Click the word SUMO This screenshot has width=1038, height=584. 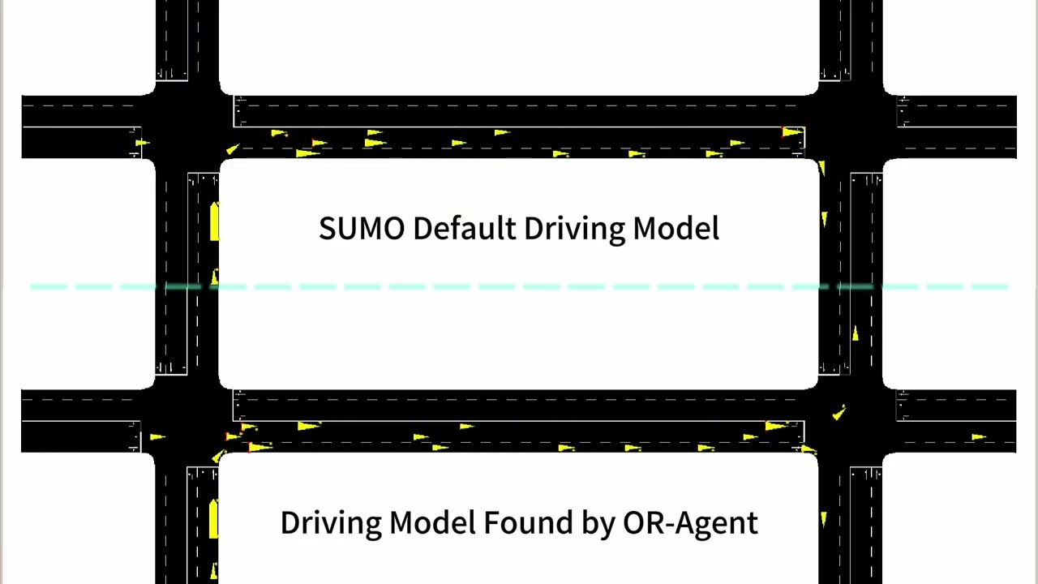[362, 228]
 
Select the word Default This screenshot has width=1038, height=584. [465, 228]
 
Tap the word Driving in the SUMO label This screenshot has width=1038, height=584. [574, 230]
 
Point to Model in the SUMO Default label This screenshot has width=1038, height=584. [676, 228]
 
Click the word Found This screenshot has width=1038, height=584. [528, 522]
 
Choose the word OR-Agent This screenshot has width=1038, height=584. [690, 523]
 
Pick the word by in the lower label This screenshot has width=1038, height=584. [598, 523]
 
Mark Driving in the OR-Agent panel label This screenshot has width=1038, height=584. [331, 523]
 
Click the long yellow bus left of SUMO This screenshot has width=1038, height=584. [214, 221]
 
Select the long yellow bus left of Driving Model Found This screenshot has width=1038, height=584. [213, 518]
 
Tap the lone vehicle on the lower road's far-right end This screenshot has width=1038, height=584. [979, 436]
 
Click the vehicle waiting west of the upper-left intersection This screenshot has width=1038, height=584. [142, 142]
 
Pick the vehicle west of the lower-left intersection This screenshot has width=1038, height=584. [157, 436]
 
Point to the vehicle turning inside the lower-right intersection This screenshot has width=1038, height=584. [839, 413]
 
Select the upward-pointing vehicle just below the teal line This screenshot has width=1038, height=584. [856, 333]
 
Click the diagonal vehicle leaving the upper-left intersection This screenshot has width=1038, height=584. [233, 148]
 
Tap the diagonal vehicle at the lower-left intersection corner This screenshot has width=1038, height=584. [219, 456]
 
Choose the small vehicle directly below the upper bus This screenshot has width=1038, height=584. [215, 277]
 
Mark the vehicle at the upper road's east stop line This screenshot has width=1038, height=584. [793, 132]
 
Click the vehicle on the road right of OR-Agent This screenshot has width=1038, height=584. [823, 520]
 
